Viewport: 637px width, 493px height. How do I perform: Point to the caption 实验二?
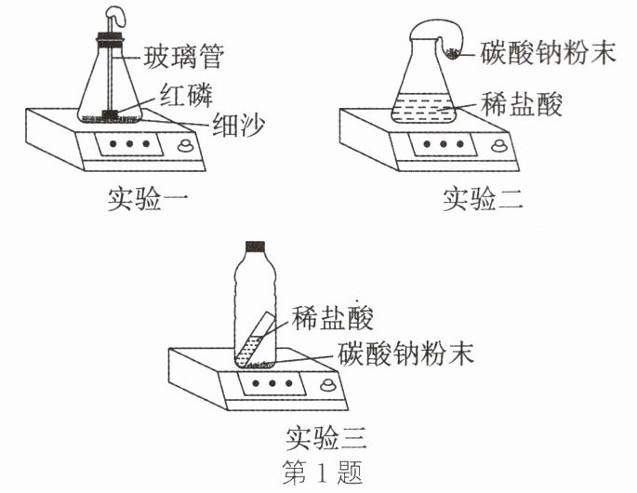click(483, 197)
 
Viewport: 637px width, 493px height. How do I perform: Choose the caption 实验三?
click(328, 435)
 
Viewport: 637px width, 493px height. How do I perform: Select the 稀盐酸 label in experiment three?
click(333, 319)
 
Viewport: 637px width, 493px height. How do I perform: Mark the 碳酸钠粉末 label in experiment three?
click(406, 354)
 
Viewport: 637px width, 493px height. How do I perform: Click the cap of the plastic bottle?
click(256, 246)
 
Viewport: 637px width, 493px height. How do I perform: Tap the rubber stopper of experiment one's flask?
click(111, 41)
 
